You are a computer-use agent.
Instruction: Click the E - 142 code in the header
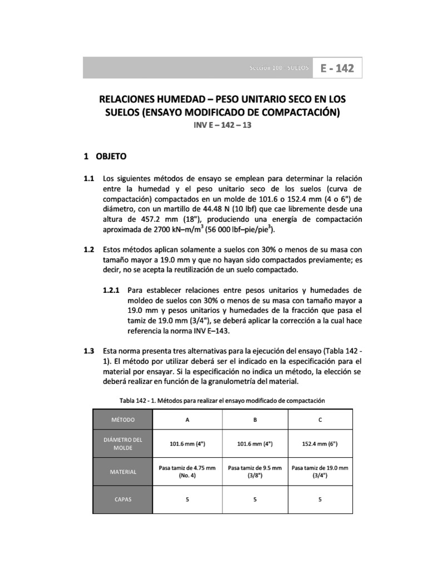coord(337,69)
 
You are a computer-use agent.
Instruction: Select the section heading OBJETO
coord(111,157)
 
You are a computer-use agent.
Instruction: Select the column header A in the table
coord(187,420)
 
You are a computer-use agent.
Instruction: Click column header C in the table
coord(320,420)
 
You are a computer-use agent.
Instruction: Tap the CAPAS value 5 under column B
coord(255,500)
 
